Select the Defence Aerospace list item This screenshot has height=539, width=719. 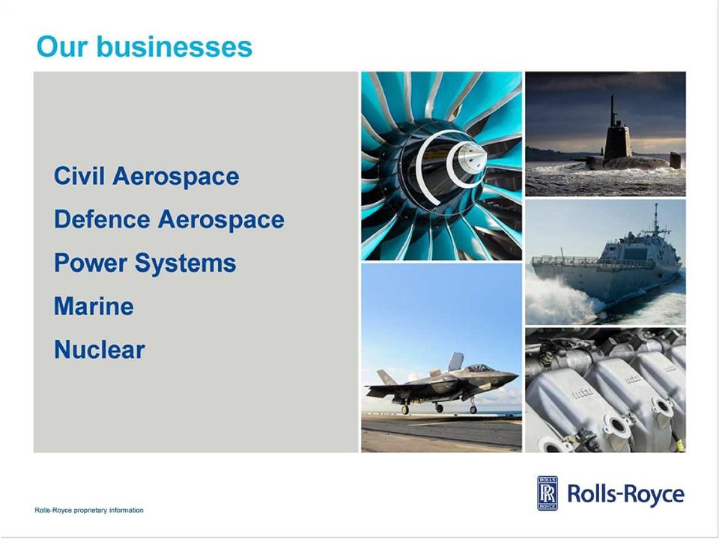click(x=169, y=219)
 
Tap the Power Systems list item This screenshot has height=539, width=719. click(x=145, y=263)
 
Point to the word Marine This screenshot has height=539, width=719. click(x=94, y=306)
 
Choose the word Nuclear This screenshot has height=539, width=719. click(x=100, y=350)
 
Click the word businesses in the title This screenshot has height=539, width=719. click(x=175, y=46)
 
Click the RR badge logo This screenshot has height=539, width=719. click(x=547, y=493)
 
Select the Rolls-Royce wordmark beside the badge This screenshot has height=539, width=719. click(x=626, y=493)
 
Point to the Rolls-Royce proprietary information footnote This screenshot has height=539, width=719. click(x=89, y=510)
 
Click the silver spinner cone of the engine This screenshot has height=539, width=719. click(x=471, y=158)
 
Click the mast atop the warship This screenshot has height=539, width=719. click(x=656, y=219)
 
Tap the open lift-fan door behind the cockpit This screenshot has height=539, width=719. click(x=455, y=362)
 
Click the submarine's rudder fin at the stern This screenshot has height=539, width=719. click(x=675, y=160)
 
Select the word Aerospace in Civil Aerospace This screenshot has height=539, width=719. click(x=175, y=177)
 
